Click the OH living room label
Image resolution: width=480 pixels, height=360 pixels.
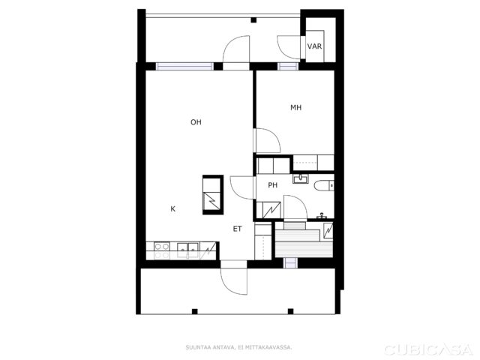tap(196, 122)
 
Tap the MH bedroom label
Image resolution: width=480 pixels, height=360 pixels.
tap(296, 107)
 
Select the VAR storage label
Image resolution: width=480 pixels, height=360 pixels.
tap(315, 46)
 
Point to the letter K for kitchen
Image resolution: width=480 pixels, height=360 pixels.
tap(173, 209)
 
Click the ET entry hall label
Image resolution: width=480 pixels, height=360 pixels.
tap(238, 229)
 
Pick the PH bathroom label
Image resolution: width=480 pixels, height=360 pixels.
tap(273, 185)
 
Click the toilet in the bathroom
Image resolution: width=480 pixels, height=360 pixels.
tap(324, 185)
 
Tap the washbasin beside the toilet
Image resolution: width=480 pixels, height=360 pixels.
tap(301, 178)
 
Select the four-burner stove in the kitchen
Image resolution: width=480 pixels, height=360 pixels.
tap(162, 250)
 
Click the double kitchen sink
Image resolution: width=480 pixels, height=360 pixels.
tap(188, 250)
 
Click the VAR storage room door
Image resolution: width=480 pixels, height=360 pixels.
tap(289, 46)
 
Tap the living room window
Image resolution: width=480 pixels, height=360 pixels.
tap(184, 67)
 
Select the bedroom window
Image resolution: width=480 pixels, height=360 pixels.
tap(288, 67)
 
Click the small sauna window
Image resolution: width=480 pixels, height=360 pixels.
tap(290, 263)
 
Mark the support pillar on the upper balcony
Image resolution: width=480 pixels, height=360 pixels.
tap(253, 20)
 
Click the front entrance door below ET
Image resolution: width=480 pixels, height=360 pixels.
tap(233, 277)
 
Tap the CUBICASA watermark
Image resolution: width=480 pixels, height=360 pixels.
tap(429, 349)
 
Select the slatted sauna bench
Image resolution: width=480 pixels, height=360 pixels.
tap(304, 244)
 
